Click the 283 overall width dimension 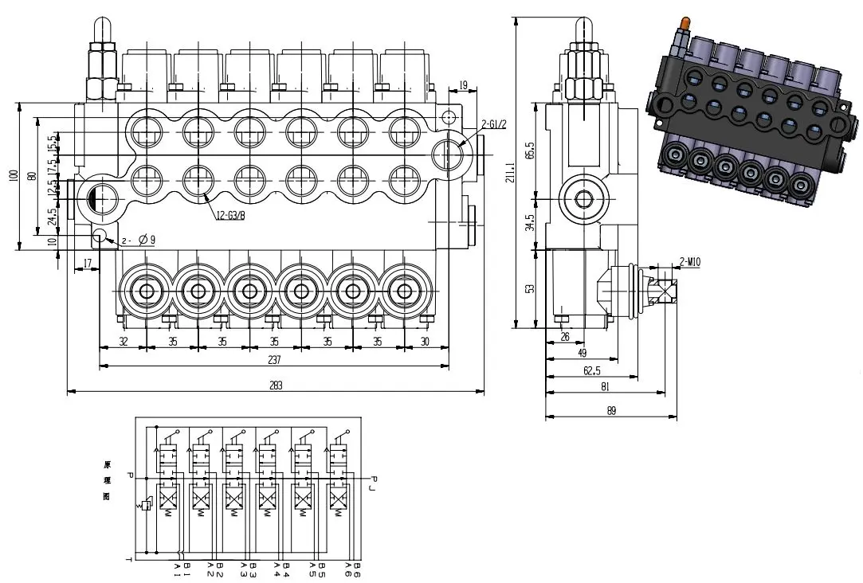pyautogui.click(x=277, y=385)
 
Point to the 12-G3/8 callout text pyautogui.click(x=231, y=214)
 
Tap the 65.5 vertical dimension pyautogui.click(x=529, y=149)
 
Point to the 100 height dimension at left pyautogui.click(x=14, y=174)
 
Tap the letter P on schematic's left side pyautogui.click(x=130, y=476)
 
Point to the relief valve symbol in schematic pyautogui.click(x=145, y=505)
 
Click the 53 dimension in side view pyautogui.click(x=529, y=288)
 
